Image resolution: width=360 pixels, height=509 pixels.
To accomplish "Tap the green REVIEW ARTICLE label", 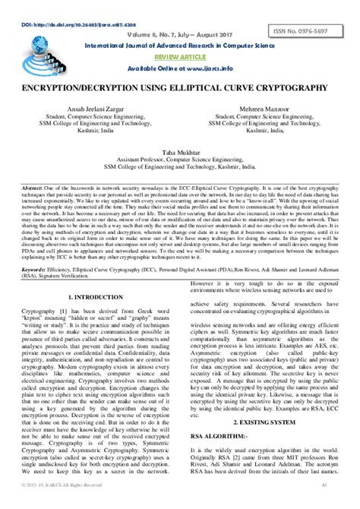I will (x=179, y=56).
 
